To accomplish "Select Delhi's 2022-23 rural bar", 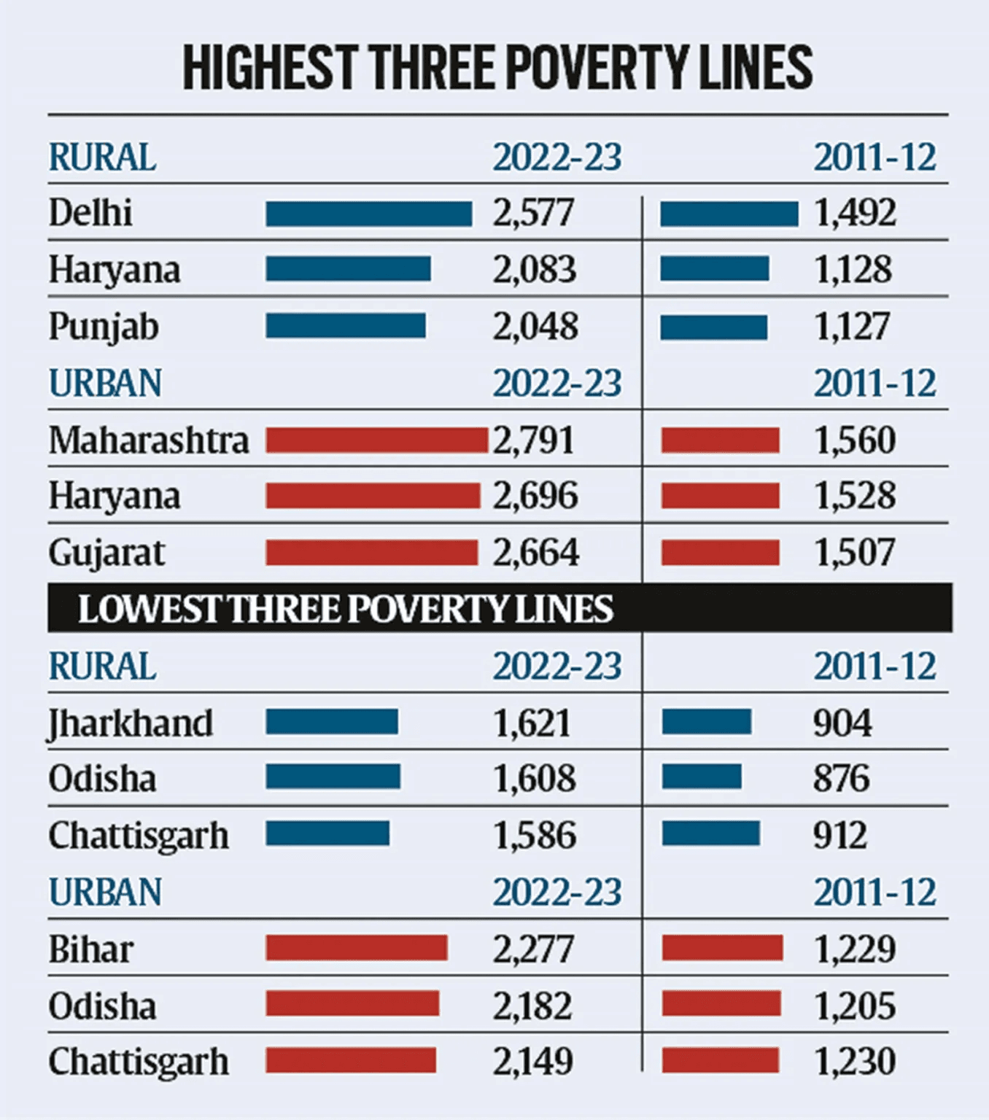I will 368,214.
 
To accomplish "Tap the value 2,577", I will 533,214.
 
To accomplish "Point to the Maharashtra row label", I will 149,440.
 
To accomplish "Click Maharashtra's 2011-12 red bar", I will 720,440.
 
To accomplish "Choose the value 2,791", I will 534,440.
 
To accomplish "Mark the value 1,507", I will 854,553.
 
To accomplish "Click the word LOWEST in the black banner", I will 149,610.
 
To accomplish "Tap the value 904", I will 842,723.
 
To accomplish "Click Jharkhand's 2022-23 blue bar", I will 332,722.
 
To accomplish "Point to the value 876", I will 842,779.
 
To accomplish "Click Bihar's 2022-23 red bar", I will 357,948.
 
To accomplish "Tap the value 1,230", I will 854,1062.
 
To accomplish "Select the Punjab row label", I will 104,327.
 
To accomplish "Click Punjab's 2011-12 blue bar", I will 713,327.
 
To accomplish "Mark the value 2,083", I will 534,270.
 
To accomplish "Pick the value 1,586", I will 535,836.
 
